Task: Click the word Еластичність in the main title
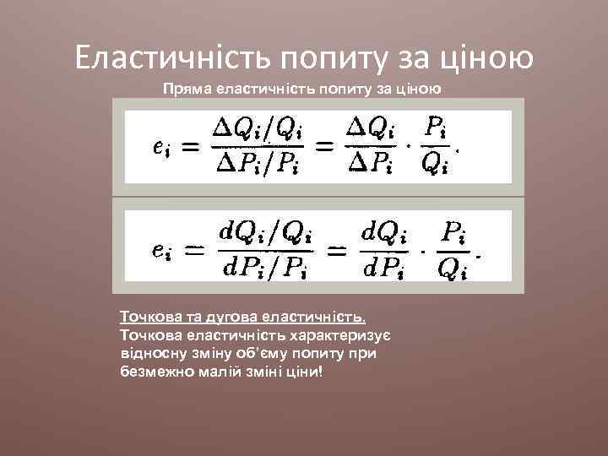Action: click(168, 57)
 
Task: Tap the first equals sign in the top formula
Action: click(193, 146)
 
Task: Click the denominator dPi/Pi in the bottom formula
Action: click(265, 269)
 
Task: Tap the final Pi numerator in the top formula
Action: click(436, 128)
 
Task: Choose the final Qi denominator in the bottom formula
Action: click(454, 269)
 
